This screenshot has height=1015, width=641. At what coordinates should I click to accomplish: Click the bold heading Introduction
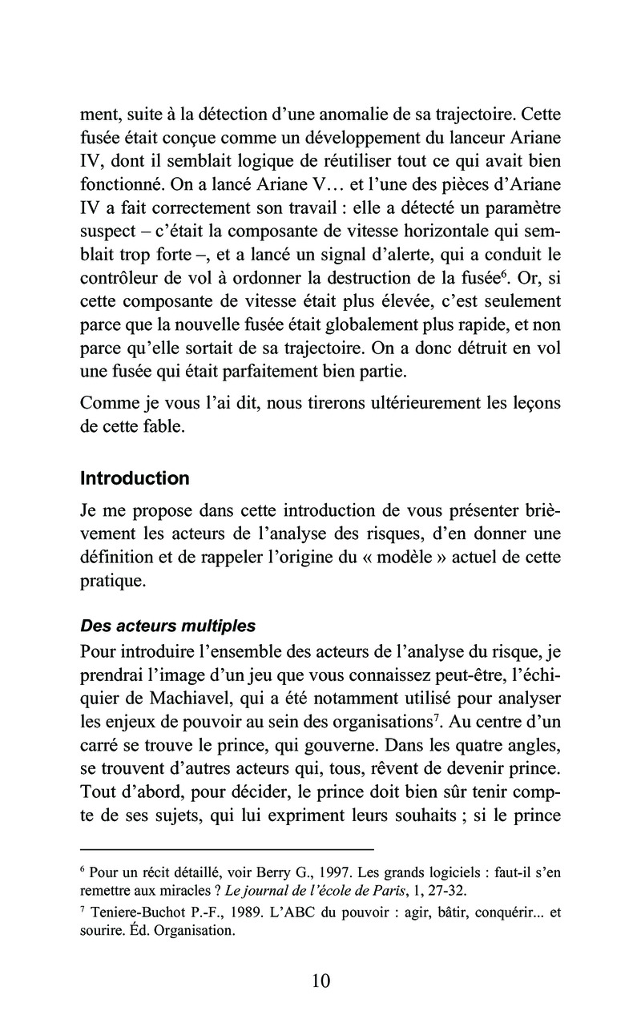point(135,479)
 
